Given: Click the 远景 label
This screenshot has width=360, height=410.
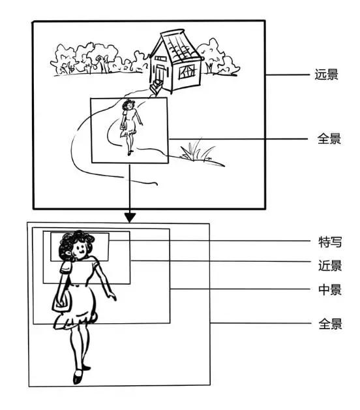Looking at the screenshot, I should [x=325, y=75].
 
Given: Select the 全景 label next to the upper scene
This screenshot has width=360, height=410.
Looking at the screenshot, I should [x=327, y=139].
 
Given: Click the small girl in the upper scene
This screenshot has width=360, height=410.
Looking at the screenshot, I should [x=130, y=124].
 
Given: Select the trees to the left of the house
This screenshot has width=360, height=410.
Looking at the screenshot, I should [x=91, y=57].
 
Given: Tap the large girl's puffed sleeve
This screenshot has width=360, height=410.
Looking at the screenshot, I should [x=66, y=266].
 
